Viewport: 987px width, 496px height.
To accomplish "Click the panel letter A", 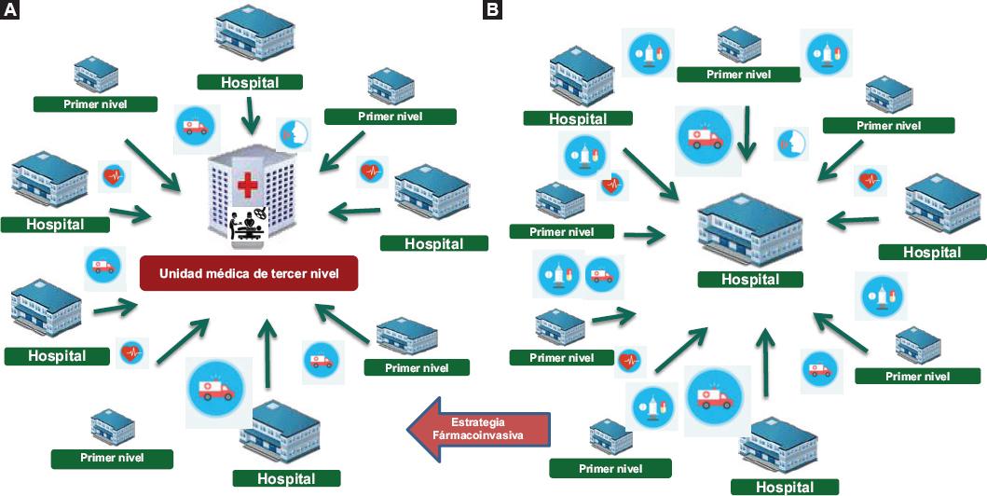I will coord(10,11).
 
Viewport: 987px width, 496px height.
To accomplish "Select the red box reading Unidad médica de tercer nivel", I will coord(248,273).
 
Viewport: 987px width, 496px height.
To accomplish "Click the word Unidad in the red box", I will coord(182,273).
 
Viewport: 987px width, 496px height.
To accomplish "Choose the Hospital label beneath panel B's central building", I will coord(750,279).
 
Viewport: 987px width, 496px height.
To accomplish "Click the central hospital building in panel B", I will coord(750,231).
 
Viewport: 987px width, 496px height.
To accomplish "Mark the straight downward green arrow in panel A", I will coord(248,117).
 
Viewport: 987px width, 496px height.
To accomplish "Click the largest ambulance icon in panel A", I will coord(214,386).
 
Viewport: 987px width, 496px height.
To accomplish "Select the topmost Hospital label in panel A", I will coord(249,82).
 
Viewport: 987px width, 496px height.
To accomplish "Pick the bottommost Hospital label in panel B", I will coord(784,487).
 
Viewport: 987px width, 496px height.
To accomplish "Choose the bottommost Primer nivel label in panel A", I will coord(112,458).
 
